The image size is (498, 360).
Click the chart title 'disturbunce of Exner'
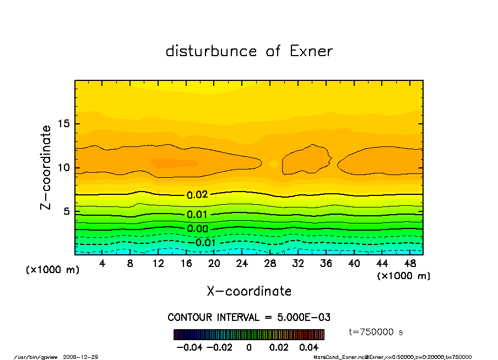pyautogui.click(x=249, y=51)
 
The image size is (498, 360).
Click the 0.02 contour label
pyautogui.click(x=197, y=195)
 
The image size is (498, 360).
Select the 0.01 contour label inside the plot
pyautogui.click(x=197, y=215)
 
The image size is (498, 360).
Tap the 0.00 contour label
pyautogui.click(x=197, y=229)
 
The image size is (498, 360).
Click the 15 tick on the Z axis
pyautogui.click(x=64, y=124)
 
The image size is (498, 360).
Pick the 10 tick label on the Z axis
pyautogui.click(x=64, y=168)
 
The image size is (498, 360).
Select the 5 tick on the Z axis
pyautogui.click(x=67, y=212)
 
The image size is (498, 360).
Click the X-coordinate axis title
pyautogui.click(x=249, y=291)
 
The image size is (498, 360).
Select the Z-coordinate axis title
pyautogui.click(x=46, y=167)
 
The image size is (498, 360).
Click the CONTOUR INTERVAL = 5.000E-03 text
pyautogui.click(x=249, y=318)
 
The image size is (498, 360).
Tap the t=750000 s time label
pyautogui.click(x=377, y=332)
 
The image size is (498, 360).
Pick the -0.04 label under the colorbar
pyautogui.click(x=185, y=347)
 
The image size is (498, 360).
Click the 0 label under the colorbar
pyautogui.click(x=249, y=347)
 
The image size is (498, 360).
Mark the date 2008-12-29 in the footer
pyautogui.click(x=85, y=357)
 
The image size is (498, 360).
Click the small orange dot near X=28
pyautogui.click(x=274, y=163)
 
